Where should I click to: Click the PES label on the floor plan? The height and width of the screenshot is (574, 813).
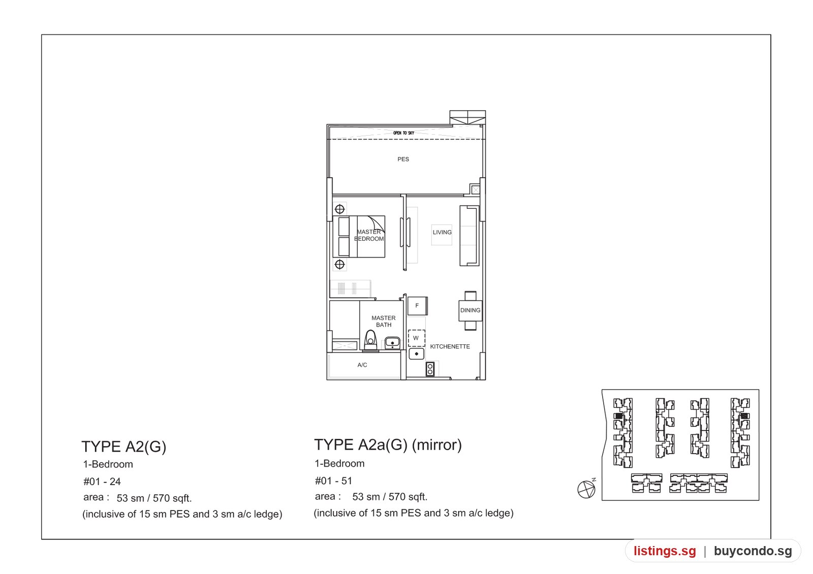coord(403,160)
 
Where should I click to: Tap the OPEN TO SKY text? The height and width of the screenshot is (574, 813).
coord(403,133)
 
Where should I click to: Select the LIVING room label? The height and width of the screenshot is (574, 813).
coord(442,232)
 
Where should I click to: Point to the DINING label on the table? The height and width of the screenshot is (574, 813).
coord(471,310)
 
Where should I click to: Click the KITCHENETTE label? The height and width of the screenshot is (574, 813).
coord(450,346)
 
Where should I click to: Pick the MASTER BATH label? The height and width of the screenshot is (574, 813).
coord(384,322)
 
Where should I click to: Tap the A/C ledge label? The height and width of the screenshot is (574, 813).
coord(362,365)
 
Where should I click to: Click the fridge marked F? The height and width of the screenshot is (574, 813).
coord(417,306)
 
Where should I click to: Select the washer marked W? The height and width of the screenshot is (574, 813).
coord(416,338)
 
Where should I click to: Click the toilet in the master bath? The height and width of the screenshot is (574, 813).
coord(370,341)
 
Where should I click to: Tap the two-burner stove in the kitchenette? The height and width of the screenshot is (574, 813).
coord(430,369)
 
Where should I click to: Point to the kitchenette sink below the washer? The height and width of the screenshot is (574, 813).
coord(417,354)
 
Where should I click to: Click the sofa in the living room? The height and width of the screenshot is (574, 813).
coord(470,236)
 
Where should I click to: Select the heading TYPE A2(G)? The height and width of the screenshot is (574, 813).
coord(124,447)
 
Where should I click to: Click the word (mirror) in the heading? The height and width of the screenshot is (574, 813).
coord(436,445)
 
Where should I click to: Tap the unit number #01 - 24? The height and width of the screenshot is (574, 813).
coord(102,482)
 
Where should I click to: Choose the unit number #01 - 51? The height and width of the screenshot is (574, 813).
coord(333,481)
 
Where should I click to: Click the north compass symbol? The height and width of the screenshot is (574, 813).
coord(586,489)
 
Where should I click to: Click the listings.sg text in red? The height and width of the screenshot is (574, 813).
coord(665,551)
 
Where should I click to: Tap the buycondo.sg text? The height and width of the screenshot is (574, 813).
coord(753,551)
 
